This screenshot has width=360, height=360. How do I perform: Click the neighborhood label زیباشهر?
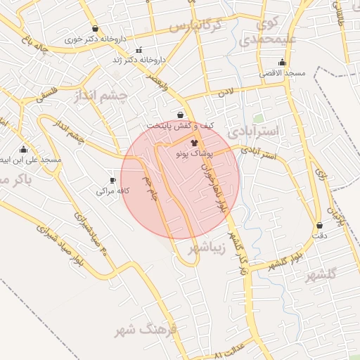click(x=208, y=247)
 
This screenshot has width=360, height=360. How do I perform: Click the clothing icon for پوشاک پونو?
click(x=194, y=143)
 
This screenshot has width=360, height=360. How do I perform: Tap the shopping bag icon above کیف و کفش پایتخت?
click(x=181, y=115)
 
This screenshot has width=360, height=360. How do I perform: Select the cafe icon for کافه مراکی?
click(x=112, y=181)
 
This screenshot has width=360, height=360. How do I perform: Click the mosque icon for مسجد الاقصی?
click(x=282, y=63)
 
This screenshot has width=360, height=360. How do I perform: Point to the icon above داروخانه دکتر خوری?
click(x=95, y=29)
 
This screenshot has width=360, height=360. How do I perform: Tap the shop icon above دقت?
click(x=320, y=226)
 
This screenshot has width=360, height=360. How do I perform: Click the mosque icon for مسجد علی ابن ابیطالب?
click(x=23, y=149)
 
